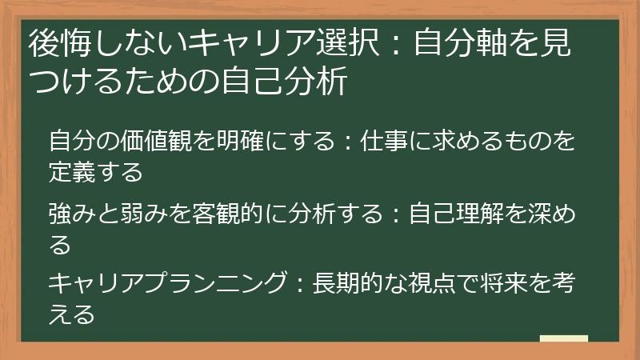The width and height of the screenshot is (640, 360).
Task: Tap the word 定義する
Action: click(96, 171)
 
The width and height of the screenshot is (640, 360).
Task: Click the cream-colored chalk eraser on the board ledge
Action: click(563, 339)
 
